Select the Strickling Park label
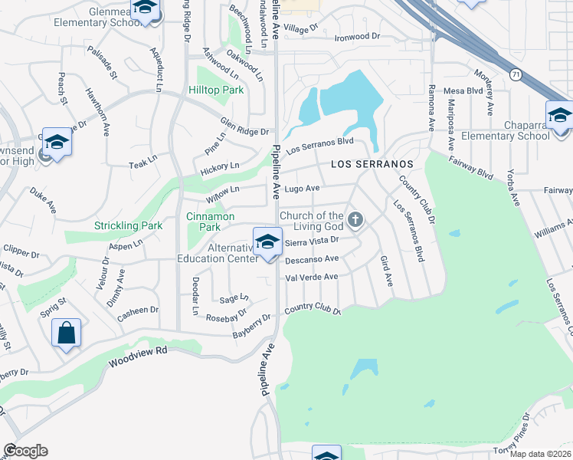click(128, 225)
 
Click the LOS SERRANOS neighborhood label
click(372, 165)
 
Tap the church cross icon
click(355, 221)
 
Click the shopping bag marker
click(67, 333)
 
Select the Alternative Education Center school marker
click(267, 242)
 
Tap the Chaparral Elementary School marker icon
click(559, 116)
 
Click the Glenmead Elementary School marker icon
click(144, 9)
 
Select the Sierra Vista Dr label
click(311, 242)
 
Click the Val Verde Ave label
click(311, 278)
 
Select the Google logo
click(25, 451)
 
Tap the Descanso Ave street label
click(311, 260)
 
